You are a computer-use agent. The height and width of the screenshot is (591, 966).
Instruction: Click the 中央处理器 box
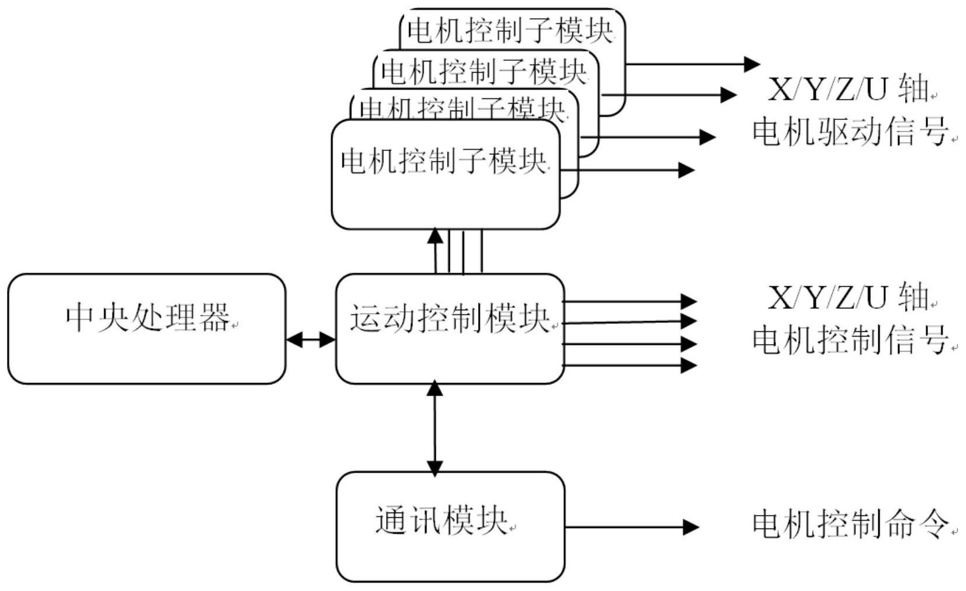(x=146, y=328)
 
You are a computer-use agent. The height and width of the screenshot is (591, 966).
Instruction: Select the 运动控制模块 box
(x=450, y=328)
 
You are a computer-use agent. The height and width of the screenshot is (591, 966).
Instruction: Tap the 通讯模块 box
(x=450, y=526)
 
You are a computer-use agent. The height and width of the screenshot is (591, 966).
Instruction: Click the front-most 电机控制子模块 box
(x=445, y=174)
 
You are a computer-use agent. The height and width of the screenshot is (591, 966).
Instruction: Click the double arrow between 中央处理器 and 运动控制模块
(x=311, y=339)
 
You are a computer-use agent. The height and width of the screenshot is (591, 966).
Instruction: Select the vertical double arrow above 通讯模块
(x=435, y=428)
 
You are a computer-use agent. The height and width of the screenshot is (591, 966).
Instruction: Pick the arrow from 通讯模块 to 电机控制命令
(x=632, y=527)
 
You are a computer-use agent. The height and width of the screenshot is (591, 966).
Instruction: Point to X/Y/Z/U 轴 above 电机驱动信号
(x=848, y=90)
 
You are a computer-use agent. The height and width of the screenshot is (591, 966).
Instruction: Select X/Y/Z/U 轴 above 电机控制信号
(x=848, y=298)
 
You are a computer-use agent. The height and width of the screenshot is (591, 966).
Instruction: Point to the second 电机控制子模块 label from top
(x=483, y=72)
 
